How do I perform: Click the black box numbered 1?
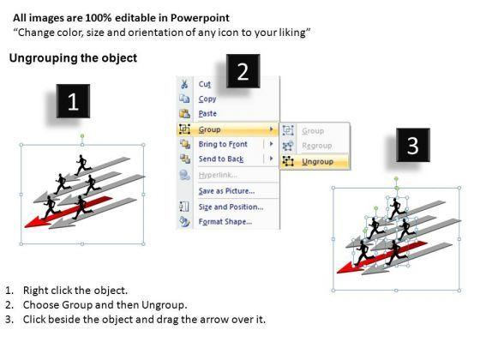tap(73, 101)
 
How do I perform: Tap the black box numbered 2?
tap(243, 71)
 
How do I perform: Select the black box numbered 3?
tap(413, 145)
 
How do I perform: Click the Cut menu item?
tap(205, 84)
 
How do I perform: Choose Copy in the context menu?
tap(207, 99)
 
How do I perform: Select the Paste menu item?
tap(207, 113)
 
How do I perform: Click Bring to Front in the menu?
tap(223, 144)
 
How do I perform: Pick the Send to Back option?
tap(221, 159)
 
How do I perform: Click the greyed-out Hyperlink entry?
tap(218, 175)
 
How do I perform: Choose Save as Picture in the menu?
tap(226, 191)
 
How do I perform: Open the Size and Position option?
tap(231, 207)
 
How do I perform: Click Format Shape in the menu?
tap(225, 221)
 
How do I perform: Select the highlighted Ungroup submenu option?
tap(317, 161)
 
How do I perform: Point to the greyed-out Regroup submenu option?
tap(317, 146)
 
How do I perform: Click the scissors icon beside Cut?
tap(184, 84)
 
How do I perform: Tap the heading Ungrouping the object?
tap(73, 58)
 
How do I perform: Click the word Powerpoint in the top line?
tap(200, 18)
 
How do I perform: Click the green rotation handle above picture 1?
tap(82, 136)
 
